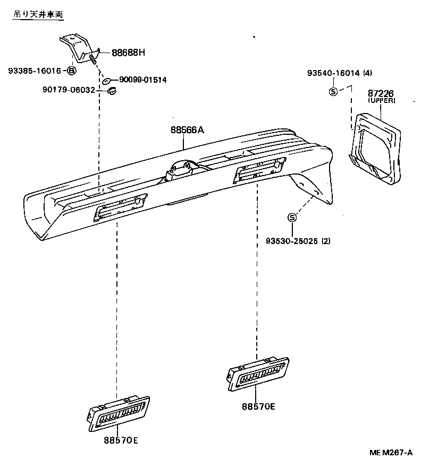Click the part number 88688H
point(128,53)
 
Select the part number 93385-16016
point(35,71)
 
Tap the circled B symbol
point(71,71)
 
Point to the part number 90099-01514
point(142,80)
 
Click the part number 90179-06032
point(69,90)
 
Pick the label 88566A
point(188,130)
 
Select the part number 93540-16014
point(333,73)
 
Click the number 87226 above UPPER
point(381,93)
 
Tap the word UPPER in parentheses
point(382,101)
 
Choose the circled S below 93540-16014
point(333,91)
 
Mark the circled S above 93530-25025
point(292,218)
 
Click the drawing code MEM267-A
point(391,453)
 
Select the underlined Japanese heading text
point(38,14)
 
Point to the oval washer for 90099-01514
point(106,81)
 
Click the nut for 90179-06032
point(112,91)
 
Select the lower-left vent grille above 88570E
point(119,414)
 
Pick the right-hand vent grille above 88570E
point(258,374)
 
